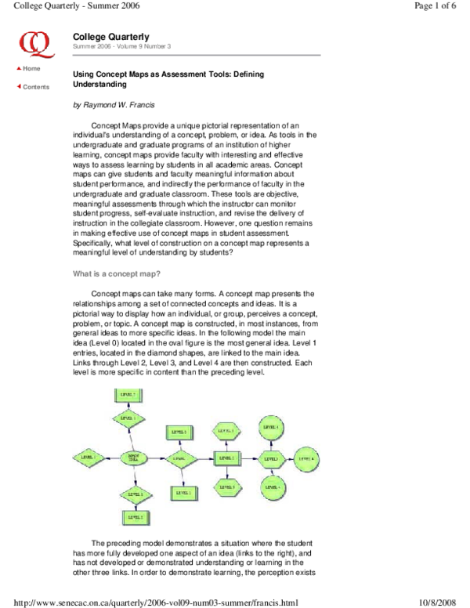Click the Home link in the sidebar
31,68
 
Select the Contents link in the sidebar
35,86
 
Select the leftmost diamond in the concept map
86,456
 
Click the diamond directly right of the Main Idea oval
180,457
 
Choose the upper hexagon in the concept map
227,431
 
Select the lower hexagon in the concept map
227,487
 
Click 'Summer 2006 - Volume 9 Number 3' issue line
121,47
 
